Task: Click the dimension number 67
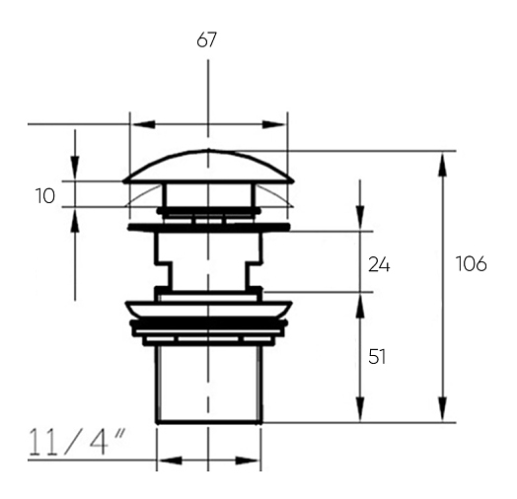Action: (207, 39)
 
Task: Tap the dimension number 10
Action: (44, 196)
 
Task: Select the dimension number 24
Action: (379, 264)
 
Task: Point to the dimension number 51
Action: (377, 357)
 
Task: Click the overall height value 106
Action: (471, 263)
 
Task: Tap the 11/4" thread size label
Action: (77, 442)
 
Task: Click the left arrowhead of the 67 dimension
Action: (143, 124)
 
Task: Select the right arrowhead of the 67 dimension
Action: (274, 124)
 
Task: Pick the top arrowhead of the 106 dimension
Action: (443, 164)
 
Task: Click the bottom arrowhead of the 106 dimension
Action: (443, 409)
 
